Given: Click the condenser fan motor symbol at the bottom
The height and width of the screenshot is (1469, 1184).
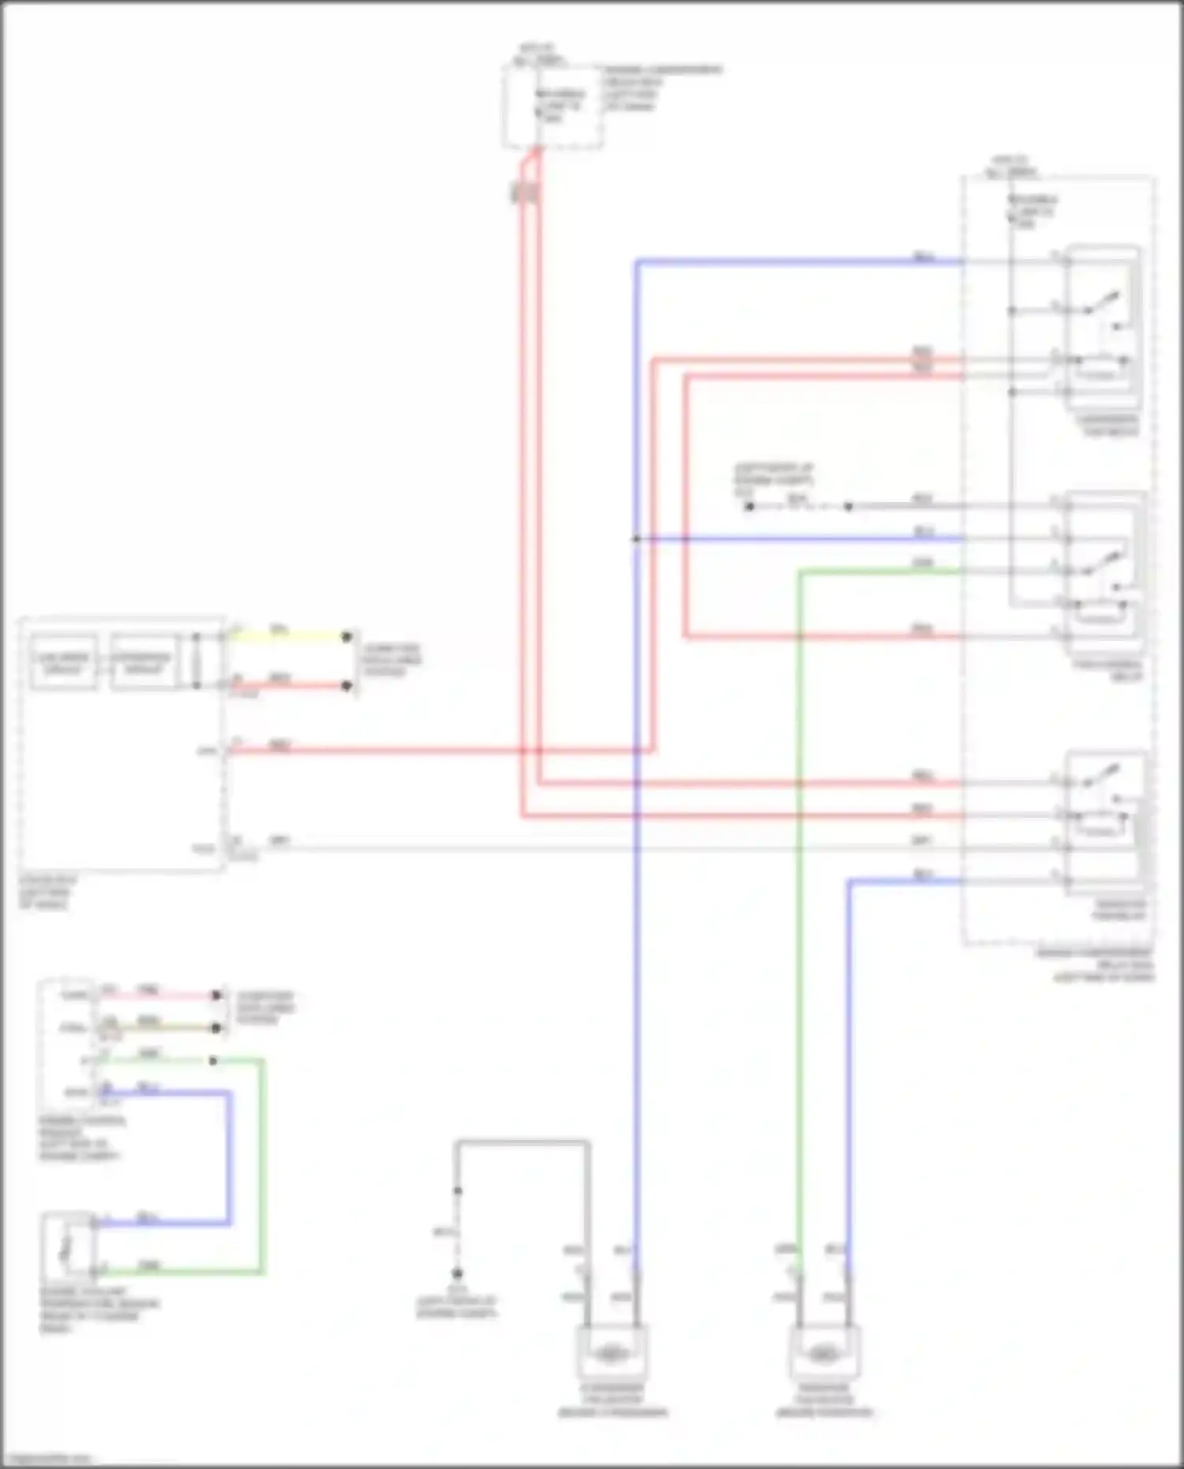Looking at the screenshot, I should (x=612, y=1353).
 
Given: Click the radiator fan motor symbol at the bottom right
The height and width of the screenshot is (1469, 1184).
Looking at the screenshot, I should (x=824, y=1353).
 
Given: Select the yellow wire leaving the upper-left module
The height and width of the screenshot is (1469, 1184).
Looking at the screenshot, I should (x=288, y=635).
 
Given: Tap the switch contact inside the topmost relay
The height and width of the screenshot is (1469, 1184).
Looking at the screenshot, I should (x=1103, y=302).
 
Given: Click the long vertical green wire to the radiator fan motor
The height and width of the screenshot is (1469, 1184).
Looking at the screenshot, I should (x=800, y=908).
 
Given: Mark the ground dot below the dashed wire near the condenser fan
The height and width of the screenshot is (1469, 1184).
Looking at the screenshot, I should (x=457, y=1273).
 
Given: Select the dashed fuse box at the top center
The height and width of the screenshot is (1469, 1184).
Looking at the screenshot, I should (x=553, y=107).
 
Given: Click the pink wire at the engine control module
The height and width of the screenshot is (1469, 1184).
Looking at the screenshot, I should (x=158, y=995).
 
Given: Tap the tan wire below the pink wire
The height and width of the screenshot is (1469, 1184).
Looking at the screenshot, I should (x=158, y=1028).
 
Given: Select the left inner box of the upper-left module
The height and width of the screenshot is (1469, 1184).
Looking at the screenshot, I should (x=64, y=662).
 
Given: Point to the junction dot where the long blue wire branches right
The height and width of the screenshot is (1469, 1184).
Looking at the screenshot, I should (x=635, y=539).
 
